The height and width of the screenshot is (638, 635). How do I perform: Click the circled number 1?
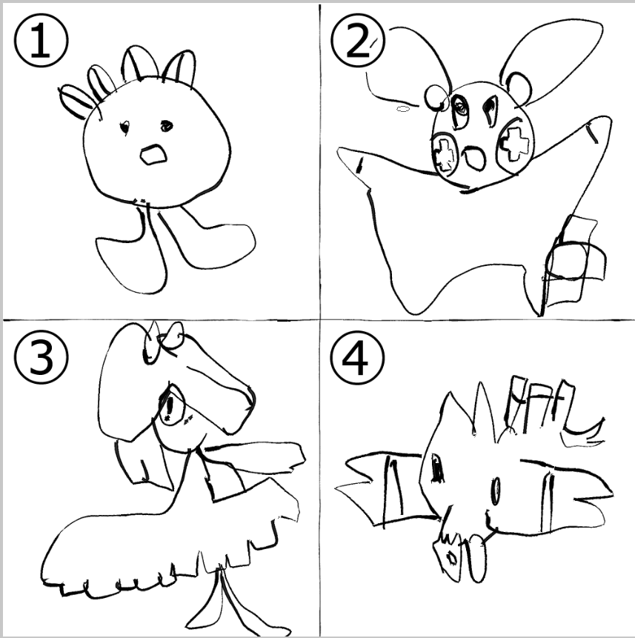click(x=41, y=41)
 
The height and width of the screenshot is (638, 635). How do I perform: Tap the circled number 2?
click(x=357, y=41)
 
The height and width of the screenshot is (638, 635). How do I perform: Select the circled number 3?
click(x=41, y=357)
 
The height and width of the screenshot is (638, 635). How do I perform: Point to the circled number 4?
click(x=357, y=357)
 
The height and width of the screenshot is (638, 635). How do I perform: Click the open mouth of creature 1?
click(x=153, y=155)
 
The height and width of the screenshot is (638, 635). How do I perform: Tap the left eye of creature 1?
click(x=124, y=127)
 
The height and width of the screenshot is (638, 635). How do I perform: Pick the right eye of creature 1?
click(x=167, y=126)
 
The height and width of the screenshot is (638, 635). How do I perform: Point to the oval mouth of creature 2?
click(x=474, y=158)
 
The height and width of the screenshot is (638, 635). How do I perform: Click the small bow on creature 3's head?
click(x=163, y=341)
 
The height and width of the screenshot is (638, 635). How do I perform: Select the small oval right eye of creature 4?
click(x=496, y=491)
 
